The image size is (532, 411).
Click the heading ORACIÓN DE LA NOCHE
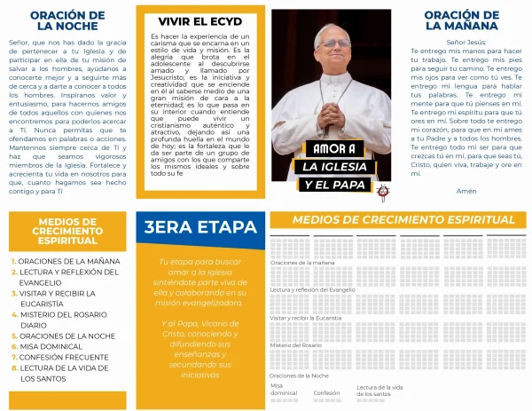click(x=66, y=20)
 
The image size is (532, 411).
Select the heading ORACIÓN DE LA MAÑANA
click(x=461, y=20)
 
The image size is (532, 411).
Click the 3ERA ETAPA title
click(x=199, y=227)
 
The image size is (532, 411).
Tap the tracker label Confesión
click(x=326, y=392)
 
